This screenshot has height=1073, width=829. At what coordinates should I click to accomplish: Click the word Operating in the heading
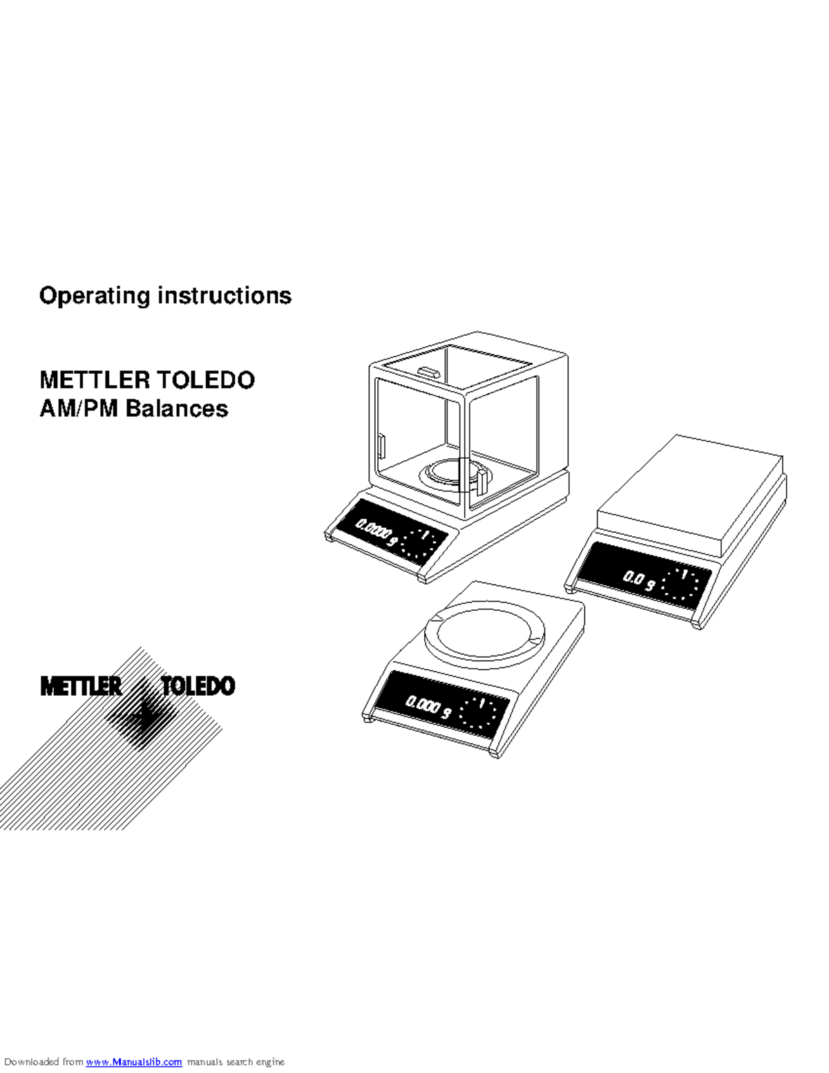[x=95, y=296]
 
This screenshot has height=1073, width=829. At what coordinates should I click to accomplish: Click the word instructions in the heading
[x=225, y=296]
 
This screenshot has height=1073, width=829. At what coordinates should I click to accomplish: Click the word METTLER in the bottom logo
[x=81, y=686]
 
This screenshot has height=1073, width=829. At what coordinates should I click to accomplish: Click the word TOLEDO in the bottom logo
[x=198, y=686]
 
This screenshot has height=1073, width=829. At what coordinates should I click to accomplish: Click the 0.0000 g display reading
[x=377, y=533]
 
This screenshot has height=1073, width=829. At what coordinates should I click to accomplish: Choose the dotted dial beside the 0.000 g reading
[x=478, y=713]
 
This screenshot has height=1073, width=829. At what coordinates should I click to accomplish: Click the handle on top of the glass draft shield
[x=428, y=373]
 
